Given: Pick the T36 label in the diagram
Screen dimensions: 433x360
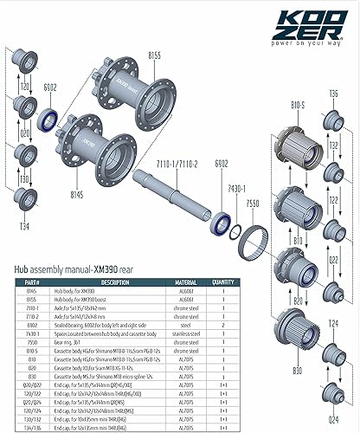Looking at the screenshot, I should (333, 94).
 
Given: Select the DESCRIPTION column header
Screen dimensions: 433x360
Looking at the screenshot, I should (115, 281).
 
